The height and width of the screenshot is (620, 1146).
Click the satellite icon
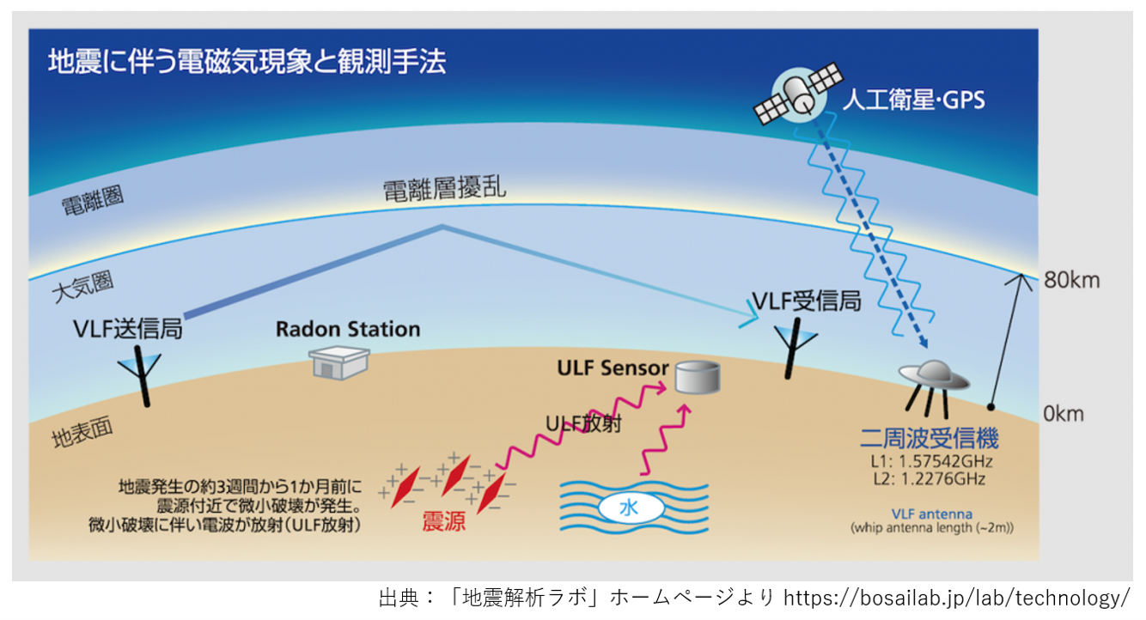pyautogui.click(x=798, y=94)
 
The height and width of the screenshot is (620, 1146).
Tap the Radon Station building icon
pyautogui.click(x=338, y=362)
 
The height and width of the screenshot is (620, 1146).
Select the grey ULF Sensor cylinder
pyautogui.click(x=698, y=378)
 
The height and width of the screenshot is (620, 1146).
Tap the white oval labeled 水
pyautogui.click(x=631, y=508)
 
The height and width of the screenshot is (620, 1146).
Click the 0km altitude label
pyautogui.click(x=1064, y=413)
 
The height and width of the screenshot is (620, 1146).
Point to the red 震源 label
pyautogui.click(x=443, y=522)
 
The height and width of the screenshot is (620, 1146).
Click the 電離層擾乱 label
pyautogui.click(x=445, y=189)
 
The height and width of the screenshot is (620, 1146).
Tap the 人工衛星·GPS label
pyautogui.click(x=914, y=100)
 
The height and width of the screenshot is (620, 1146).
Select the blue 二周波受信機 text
pyautogui.click(x=929, y=438)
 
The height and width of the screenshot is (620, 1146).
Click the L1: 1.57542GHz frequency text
pyautogui.click(x=931, y=461)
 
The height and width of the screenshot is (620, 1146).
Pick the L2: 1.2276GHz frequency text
pyautogui.click(x=929, y=479)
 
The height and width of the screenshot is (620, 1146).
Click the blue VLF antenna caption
pyautogui.click(x=931, y=514)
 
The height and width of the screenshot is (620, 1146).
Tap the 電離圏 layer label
pyautogui.click(x=93, y=200)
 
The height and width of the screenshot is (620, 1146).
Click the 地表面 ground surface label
pyautogui.click(x=82, y=433)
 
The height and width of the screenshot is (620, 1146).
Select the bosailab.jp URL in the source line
pyautogui.click(x=956, y=598)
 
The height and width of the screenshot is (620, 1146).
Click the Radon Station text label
pyautogui.click(x=348, y=330)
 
